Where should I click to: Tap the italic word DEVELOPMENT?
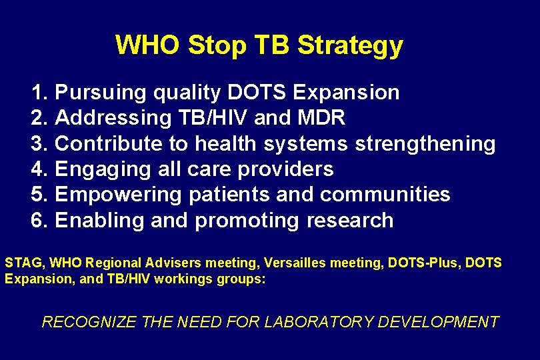pos(438,322)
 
